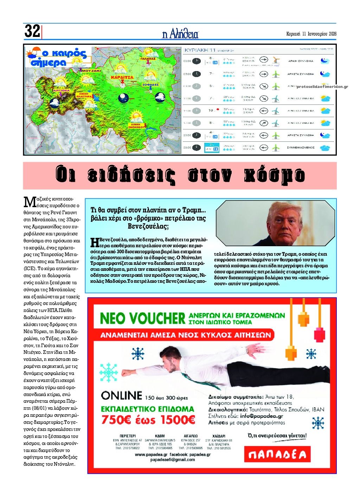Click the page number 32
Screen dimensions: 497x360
(32, 31)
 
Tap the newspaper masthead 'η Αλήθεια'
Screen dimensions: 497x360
(180, 34)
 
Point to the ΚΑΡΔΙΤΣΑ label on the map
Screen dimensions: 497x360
(122, 77)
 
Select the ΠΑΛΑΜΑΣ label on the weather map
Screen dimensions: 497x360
(148, 59)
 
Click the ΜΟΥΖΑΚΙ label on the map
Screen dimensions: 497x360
(91, 71)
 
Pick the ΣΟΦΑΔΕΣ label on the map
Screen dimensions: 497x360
(150, 85)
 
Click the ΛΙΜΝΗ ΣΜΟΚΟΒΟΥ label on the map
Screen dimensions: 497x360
(138, 126)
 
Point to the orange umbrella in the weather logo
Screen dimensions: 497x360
(35, 51)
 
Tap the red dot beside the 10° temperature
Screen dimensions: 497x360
(218, 109)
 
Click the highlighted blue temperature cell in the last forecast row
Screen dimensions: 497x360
(212, 147)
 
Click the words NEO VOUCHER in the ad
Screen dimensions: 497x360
(142, 318)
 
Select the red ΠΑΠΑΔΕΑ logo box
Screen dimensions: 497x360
(277, 455)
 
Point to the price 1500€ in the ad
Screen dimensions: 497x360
(178, 420)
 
